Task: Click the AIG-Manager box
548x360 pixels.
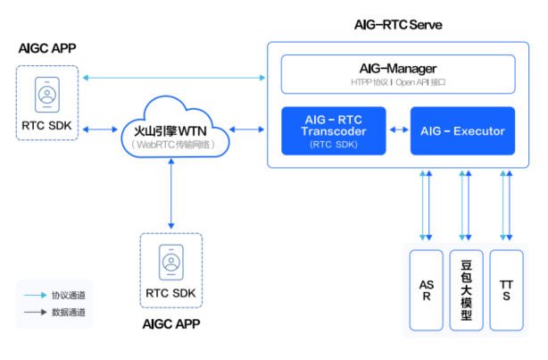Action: (398, 74)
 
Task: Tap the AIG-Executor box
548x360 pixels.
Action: (462, 130)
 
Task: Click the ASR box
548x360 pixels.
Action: (425, 289)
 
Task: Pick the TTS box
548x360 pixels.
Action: (506, 289)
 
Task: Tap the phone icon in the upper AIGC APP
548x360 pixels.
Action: (48, 93)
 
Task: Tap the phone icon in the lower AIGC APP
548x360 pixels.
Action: (170, 260)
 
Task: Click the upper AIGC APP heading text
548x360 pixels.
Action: (46, 47)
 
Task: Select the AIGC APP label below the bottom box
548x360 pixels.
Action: (172, 323)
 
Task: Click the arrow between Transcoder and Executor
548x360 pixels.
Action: (397, 130)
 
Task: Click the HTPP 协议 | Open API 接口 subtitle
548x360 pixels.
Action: (398, 81)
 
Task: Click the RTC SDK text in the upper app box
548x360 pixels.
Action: (48, 125)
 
